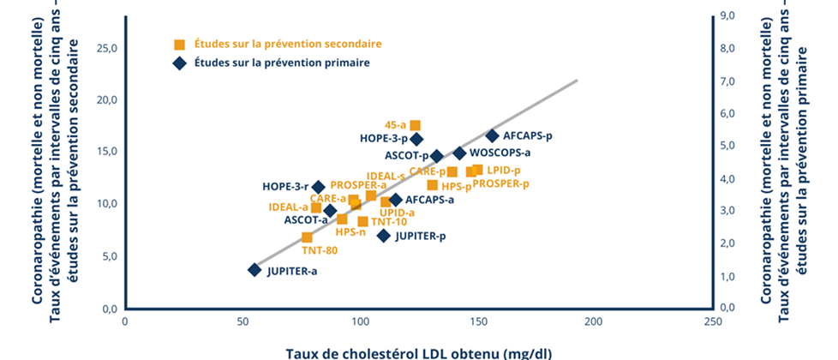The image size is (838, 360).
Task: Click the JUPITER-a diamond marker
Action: tap(254, 270)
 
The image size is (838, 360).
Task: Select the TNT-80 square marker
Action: tap(307, 237)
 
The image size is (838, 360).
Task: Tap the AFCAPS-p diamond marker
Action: tap(492, 135)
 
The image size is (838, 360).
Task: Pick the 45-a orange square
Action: tap(416, 125)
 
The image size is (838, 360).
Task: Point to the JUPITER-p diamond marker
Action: tap(383, 236)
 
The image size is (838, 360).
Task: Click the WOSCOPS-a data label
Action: tap(500, 153)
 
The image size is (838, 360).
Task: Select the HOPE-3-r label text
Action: tap(285, 186)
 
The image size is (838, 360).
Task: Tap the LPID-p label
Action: tap(503, 170)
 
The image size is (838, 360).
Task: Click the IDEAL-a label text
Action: tap(288, 207)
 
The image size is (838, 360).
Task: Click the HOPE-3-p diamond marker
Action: tap(417, 139)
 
